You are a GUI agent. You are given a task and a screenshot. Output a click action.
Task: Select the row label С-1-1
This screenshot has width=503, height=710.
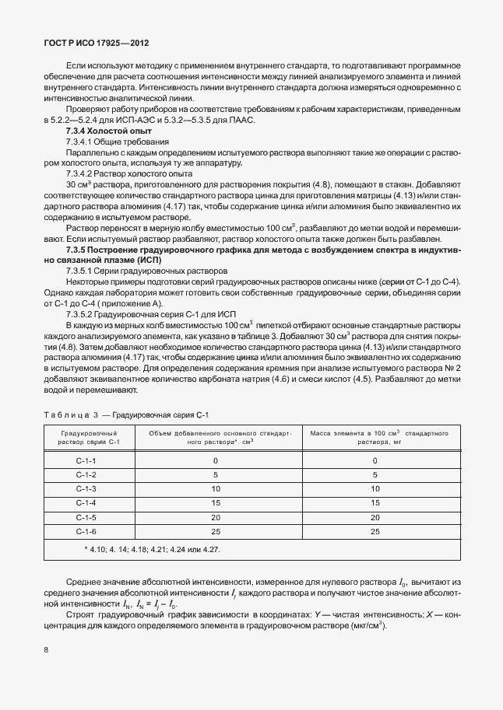coord(86,460)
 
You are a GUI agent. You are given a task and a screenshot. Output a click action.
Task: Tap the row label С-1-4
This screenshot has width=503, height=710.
coord(86,503)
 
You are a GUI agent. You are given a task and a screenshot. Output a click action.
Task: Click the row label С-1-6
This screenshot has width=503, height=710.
coord(86,531)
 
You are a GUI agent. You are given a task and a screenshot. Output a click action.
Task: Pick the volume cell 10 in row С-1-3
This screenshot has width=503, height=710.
coord(216,489)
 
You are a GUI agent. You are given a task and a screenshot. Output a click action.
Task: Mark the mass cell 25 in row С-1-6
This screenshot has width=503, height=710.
coord(375,531)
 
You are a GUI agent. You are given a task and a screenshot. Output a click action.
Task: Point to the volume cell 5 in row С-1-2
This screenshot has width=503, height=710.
coord(216,474)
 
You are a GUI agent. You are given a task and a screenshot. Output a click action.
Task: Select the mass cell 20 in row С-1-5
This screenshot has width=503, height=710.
coord(375,517)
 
